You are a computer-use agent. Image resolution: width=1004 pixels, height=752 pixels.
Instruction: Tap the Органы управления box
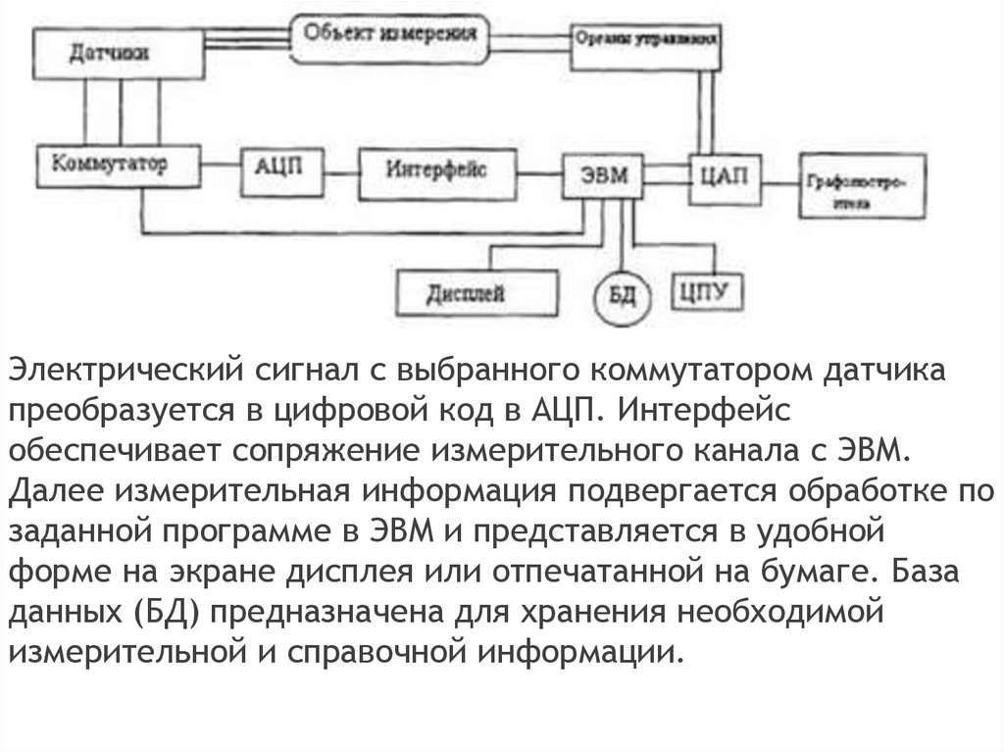(647, 45)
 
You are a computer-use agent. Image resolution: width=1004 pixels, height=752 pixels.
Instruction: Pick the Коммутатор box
(118, 167)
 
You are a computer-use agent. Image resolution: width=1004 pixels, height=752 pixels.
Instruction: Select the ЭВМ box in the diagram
(600, 177)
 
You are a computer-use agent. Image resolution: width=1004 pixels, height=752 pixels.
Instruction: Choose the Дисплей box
(478, 293)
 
